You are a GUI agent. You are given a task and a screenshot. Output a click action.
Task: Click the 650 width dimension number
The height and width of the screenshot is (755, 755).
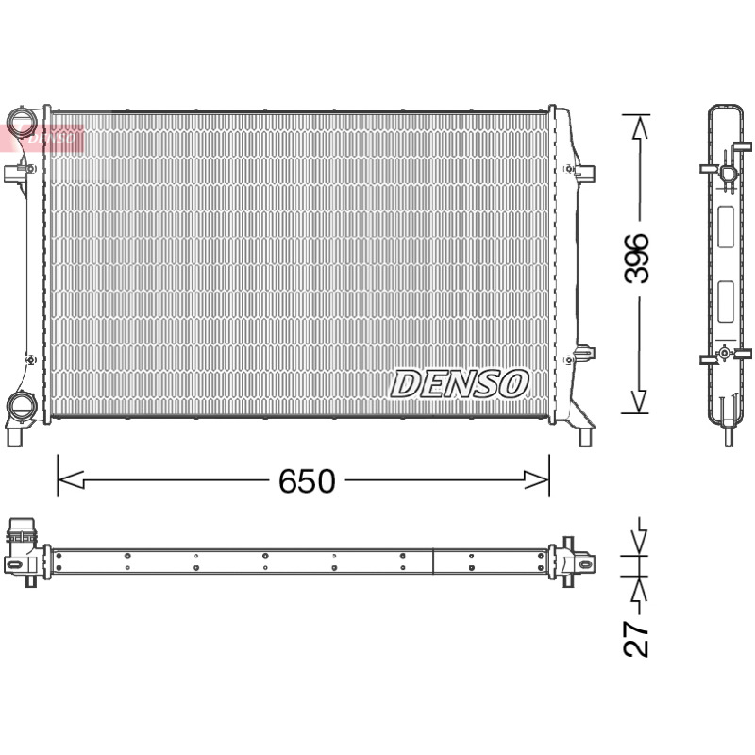(307, 481)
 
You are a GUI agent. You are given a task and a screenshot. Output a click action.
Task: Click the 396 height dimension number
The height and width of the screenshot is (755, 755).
(636, 259)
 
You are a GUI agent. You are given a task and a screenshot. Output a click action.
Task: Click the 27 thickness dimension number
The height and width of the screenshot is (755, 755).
(636, 639)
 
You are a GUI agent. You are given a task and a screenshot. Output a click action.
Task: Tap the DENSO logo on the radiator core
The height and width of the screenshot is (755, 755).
(460, 384)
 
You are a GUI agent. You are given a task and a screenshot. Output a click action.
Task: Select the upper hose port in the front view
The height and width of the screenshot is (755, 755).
(21, 120)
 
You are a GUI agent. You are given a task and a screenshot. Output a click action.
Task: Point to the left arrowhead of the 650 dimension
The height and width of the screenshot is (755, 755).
(71, 480)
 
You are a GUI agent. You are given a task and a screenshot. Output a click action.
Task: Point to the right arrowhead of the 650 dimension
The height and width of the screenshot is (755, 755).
(536, 480)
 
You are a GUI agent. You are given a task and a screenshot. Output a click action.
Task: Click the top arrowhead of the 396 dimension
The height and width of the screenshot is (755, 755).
(640, 127)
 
